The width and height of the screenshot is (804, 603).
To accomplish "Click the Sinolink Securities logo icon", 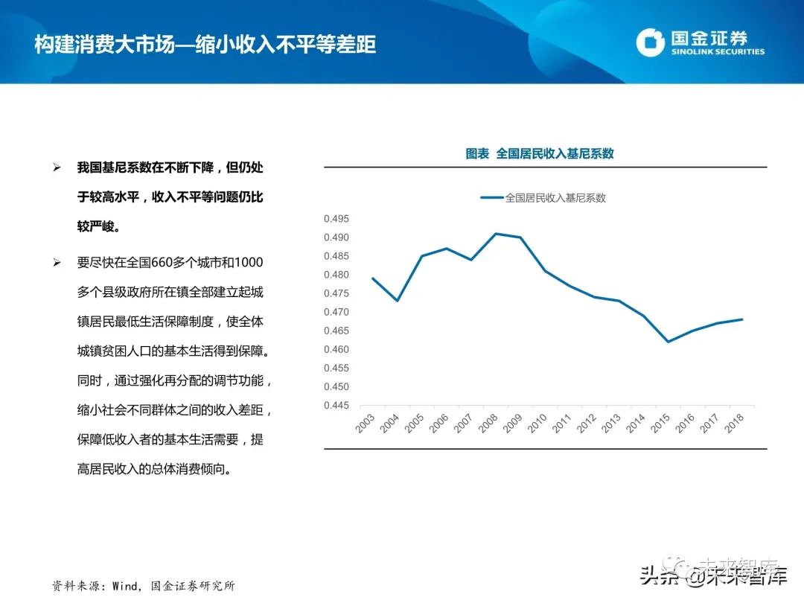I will (650, 42).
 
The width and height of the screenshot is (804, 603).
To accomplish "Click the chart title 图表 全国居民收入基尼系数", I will (540, 153).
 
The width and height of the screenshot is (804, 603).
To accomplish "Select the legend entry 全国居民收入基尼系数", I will (555, 198).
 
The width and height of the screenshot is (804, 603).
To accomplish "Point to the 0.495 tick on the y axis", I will (336, 219).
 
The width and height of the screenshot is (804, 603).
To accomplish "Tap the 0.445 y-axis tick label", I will (336, 406).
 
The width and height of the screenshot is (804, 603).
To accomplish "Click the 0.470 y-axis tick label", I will (336, 313).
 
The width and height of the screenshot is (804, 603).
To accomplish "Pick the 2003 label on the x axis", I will (366, 424).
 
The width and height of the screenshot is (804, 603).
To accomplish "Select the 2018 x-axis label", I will (735, 424).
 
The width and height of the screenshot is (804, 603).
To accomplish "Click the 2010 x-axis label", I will (538, 424).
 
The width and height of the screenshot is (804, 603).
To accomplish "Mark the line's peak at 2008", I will (496, 234).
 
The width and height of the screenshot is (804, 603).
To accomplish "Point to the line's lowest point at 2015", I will (668, 342).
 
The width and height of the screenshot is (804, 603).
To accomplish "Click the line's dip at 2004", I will (398, 301).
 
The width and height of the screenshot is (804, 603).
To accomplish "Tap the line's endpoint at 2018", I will (742, 319).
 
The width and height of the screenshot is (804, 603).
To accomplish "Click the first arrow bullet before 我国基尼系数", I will (57, 168).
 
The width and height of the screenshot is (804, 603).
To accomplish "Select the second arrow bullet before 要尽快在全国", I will (57, 263).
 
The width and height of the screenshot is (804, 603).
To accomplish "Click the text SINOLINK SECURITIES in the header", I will (718, 52).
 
